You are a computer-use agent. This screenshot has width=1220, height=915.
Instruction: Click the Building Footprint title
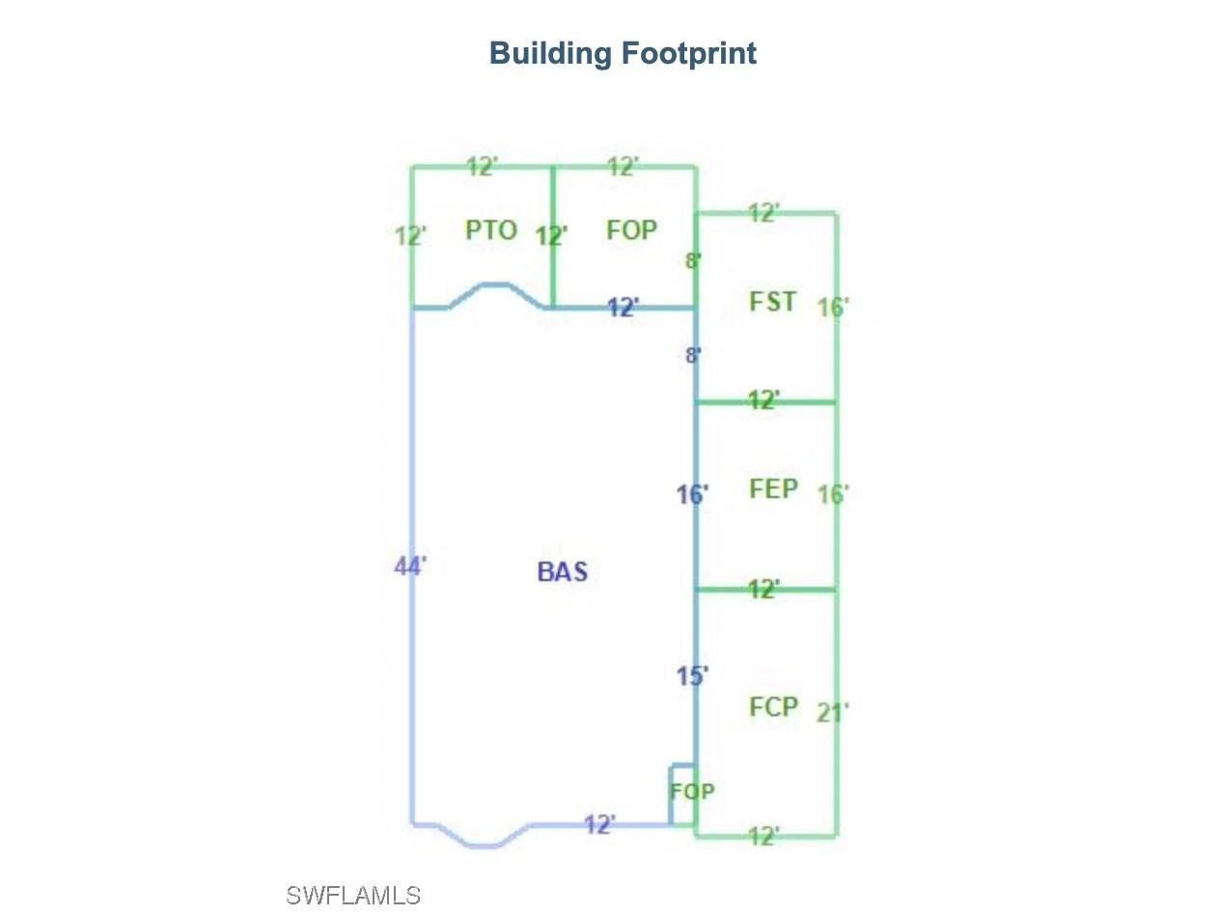click(622, 54)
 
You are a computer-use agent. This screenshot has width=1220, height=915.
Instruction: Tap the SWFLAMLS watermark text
click(353, 896)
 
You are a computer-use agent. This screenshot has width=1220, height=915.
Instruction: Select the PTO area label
click(490, 230)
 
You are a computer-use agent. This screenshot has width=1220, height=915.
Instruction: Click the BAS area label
click(562, 571)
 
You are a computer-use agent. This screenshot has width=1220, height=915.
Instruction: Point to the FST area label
click(772, 302)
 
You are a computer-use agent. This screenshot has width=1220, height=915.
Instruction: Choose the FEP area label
click(773, 489)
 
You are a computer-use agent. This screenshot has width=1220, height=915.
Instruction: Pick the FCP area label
click(773, 707)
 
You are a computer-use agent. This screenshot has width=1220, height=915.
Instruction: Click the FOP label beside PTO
click(631, 230)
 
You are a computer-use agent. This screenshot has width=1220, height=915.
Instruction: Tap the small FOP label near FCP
click(692, 791)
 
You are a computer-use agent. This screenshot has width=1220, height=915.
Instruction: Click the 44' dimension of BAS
click(410, 567)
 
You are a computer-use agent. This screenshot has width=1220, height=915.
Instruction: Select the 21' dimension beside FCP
click(833, 712)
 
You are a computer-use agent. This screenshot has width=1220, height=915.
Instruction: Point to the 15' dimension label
click(692, 676)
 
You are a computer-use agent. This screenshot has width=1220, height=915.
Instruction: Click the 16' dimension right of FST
click(833, 307)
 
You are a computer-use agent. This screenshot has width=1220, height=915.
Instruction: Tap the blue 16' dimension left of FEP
click(692, 494)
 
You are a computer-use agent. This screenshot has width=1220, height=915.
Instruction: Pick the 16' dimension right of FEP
click(833, 494)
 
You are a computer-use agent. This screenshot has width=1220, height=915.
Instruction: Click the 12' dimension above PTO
click(482, 166)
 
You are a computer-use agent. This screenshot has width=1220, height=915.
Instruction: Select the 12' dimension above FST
click(763, 212)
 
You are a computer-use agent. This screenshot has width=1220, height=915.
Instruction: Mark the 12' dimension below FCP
click(763, 836)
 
